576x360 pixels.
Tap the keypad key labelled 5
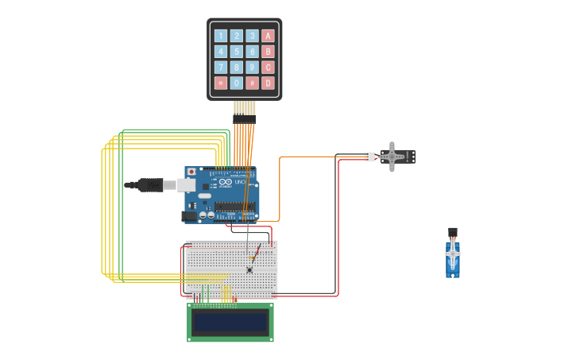[237, 52]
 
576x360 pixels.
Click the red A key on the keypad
[268, 36]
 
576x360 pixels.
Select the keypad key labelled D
[268, 83]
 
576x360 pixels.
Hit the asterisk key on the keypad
[221, 83]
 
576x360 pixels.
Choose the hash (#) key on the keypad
[252, 83]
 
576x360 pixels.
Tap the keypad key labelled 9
[252, 68]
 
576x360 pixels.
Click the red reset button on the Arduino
[191, 172]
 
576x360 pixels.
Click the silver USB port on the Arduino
[186, 185]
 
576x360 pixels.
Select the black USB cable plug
[151, 185]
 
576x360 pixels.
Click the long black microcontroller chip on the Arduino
[234, 207]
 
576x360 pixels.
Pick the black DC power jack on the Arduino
[189, 215]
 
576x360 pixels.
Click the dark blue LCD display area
[230, 322]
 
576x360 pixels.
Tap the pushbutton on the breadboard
[249, 269]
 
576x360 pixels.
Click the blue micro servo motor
[453, 258]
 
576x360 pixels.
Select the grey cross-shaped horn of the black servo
[391, 157]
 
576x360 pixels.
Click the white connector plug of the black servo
[369, 157]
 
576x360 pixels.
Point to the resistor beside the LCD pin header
[234, 300]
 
